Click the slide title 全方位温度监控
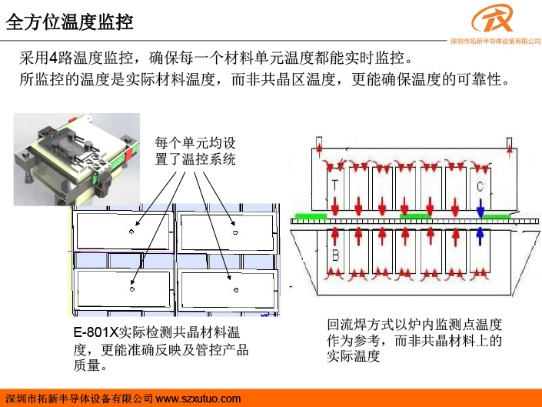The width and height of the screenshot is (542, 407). [69, 22]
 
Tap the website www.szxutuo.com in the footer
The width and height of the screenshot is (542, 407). [198, 399]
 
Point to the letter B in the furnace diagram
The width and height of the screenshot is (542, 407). [335, 255]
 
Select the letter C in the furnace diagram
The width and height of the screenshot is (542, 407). [480, 187]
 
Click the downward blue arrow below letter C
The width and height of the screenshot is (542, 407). [480, 207]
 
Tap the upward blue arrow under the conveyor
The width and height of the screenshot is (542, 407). [480, 236]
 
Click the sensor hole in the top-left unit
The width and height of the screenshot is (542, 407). [131, 232]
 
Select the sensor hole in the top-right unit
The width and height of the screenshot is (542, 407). [235, 232]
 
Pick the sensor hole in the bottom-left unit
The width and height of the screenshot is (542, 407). [132, 289]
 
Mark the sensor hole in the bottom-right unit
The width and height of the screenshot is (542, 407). [236, 290]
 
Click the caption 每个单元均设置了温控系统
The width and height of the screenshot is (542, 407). [195, 151]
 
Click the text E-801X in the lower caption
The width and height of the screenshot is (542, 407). [96, 332]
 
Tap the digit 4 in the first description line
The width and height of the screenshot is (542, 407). [53, 58]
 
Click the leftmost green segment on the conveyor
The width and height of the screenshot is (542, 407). [311, 216]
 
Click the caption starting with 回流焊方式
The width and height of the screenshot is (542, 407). [414, 340]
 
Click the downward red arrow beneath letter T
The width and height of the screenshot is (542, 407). [334, 205]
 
